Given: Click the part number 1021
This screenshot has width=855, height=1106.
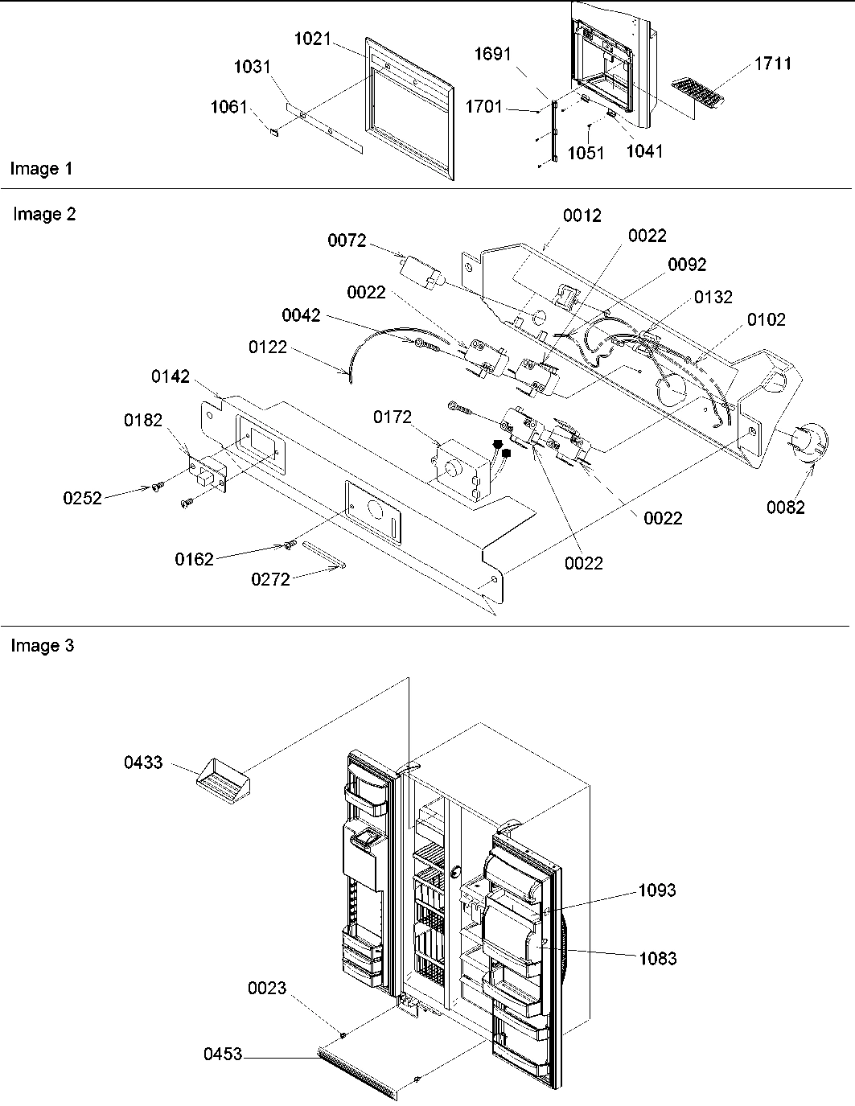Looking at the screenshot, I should [x=313, y=38].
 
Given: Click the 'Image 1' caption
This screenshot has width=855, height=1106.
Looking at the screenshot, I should [x=41, y=169].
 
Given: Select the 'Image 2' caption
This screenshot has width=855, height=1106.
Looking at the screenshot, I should [x=44, y=215].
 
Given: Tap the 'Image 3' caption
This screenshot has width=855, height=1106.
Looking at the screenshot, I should [x=42, y=646].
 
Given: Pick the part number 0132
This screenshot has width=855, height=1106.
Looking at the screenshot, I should [x=713, y=297].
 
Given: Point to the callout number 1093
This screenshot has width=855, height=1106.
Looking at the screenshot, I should [x=657, y=890].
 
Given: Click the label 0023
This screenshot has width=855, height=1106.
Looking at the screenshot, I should [x=267, y=989].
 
